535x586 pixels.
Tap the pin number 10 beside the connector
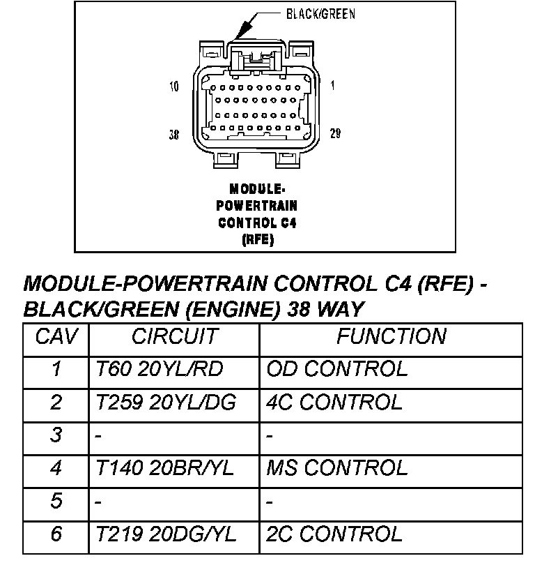coord(174,87)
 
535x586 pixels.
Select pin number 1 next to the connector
coord(332,87)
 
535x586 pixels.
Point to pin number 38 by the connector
coord(174,134)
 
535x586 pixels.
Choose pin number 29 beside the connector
coord(335,134)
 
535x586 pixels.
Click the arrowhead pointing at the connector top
coord(240,32)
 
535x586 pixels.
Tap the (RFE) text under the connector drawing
coord(257,239)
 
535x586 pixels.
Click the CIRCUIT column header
coord(175,337)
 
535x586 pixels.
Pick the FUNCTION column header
coord(391,337)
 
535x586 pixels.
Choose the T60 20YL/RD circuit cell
coord(159,369)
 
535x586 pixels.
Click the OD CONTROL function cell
coord(336,369)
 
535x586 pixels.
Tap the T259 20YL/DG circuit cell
coord(166,403)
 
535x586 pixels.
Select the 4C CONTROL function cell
coord(334,403)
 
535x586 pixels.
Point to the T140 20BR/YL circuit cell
coord(166,469)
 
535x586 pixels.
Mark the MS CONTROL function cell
coord(336,469)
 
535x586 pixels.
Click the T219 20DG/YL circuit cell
coord(166,535)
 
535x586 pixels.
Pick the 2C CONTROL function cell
coord(334,535)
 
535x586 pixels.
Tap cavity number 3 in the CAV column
coord(56,436)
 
